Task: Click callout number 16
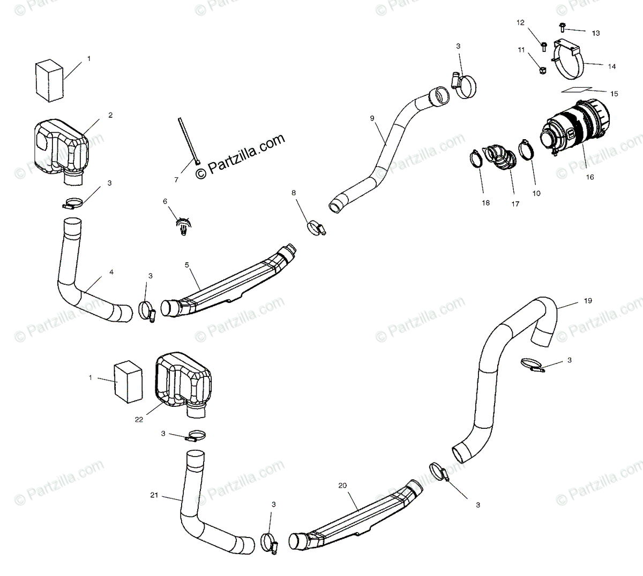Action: click(x=589, y=177)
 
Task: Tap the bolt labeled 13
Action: click(x=563, y=25)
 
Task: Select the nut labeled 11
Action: click(x=541, y=70)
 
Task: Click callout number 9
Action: click(x=372, y=117)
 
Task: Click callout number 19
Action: click(x=588, y=301)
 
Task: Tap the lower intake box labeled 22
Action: click(x=183, y=384)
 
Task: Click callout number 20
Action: click(x=343, y=486)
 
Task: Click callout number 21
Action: click(x=154, y=496)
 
